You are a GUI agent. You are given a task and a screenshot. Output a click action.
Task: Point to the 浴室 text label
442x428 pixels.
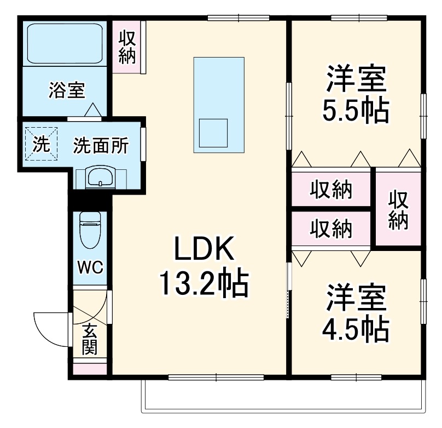pos(67,90)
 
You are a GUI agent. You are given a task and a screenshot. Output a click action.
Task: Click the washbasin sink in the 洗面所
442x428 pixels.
pos(101,178)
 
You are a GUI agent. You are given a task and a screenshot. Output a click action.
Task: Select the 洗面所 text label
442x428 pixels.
pos(101,146)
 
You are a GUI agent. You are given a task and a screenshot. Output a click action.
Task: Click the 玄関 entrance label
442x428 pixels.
pos(90,340)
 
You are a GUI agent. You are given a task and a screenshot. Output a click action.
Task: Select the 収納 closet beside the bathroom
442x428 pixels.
pos(127,47)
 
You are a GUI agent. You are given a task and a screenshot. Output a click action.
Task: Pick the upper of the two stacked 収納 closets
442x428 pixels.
pos(331,191)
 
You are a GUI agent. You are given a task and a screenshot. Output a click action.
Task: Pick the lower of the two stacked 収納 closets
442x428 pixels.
pos(331,229)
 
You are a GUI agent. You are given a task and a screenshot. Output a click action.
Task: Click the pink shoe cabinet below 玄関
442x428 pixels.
pos(90,368)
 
